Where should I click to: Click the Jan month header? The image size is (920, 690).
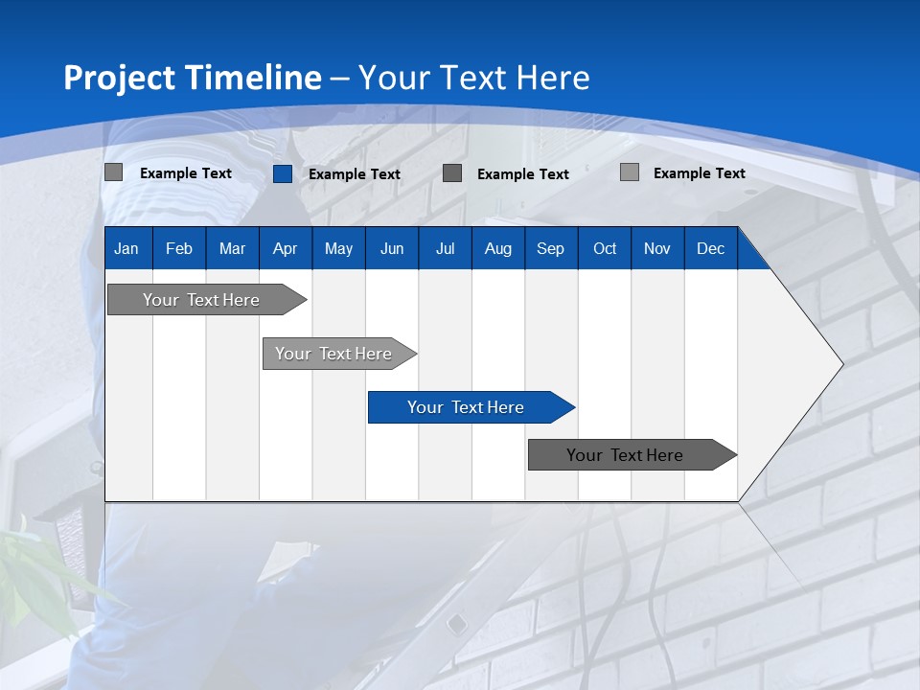point(126,248)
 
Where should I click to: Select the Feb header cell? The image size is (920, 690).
point(179,248)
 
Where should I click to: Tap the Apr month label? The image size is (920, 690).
point(285,248)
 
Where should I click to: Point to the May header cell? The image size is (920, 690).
point(338,248)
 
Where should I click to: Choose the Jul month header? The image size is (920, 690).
point(445,248)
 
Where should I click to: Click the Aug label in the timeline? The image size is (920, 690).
point(497,248)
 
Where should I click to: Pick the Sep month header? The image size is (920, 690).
point(550,248)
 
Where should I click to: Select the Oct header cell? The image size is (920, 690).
point(605,248)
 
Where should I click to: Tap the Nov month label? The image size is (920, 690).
point(657,248)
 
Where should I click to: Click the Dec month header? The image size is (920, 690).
point(710,248)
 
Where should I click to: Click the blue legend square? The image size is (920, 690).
point(283,173)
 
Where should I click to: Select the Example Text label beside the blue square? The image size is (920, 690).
point(355,174)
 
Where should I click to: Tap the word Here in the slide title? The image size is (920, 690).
point(553,78)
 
